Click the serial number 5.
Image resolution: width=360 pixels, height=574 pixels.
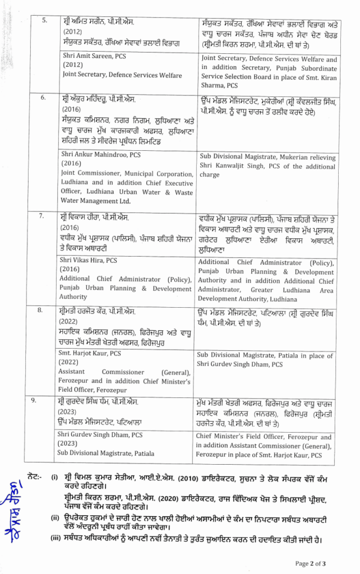tap(45, 20)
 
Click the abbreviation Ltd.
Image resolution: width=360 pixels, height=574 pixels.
tap(124, 201)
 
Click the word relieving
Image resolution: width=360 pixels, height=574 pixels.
tap(317, 156)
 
